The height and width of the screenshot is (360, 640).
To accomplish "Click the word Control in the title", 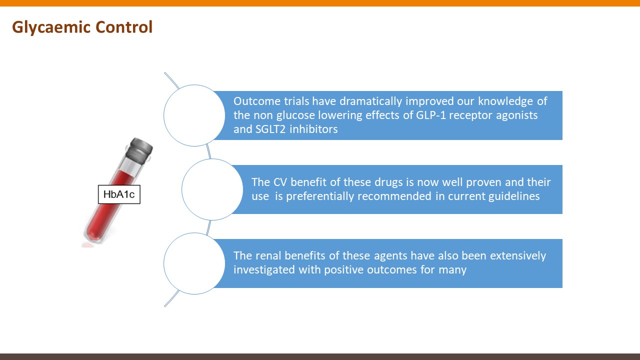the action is point(124,27).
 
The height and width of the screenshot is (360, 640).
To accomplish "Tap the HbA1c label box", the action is point(119,194).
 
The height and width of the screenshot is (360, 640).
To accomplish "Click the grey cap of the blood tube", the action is point(139,150).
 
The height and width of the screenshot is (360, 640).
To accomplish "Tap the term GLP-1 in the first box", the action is point(430,115).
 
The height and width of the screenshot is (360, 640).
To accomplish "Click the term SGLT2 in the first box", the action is point(270,129).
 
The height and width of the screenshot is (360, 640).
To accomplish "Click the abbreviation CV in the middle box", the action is point(280,182).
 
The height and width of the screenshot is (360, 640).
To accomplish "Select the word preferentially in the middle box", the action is point(359,196).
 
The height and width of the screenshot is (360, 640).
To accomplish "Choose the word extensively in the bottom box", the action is point(518,256).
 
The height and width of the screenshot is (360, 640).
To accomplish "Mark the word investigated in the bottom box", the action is point(264,270).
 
